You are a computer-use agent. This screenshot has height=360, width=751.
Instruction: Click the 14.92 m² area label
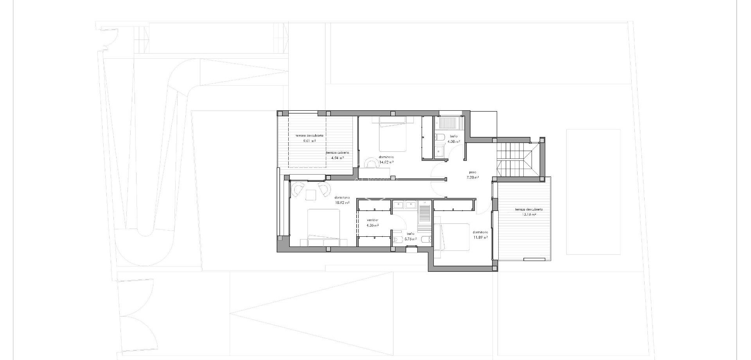click(386, 162)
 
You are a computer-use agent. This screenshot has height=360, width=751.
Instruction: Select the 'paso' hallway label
click(473, 172)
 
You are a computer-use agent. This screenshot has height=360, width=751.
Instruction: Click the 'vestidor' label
click(372, 220)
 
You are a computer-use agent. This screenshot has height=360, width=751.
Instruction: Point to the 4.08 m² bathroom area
click(453, 142)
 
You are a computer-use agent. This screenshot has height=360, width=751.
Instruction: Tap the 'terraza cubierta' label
click(338, 153)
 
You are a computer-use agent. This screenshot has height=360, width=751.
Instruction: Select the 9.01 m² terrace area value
click(309, 140)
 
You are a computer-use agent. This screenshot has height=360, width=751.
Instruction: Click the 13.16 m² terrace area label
click(528, 214)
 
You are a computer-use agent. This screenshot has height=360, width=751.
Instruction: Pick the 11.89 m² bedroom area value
click(480, 237)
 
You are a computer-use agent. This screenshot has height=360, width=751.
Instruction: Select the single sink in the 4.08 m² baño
click(440, 150)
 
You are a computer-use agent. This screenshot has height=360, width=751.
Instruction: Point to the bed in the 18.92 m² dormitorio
click(324, 227)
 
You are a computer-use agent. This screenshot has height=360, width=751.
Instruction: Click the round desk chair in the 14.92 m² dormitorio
click(369, 162)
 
